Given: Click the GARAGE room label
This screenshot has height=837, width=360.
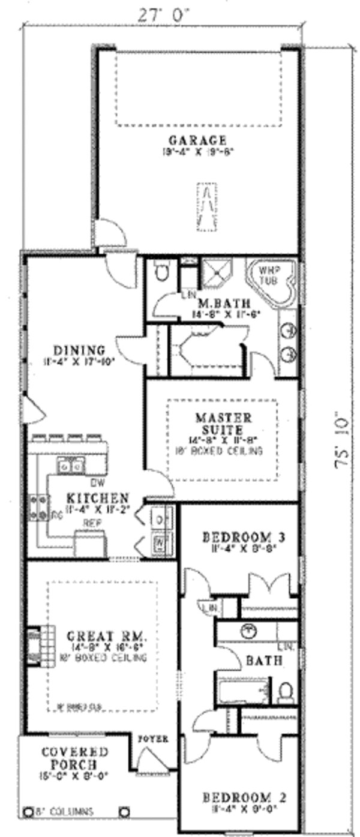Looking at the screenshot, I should pyautogui.click(x=197, y=140).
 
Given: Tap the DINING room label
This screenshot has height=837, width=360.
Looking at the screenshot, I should pyautogui.click(x=79, y=350).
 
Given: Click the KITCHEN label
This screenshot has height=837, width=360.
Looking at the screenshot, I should pyautogui.click(x=97, y=498).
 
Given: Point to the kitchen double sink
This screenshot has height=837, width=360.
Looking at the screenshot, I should pyautogui.click(x=70, y=465).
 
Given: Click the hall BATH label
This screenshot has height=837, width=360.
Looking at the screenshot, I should pyautogui.click(x=263, y=661).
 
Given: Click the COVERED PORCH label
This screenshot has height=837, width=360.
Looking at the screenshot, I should pyautogui.click(x=74, y=758).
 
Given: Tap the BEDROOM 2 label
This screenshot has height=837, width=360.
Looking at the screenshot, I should pyautogui.click(x=244, y=797).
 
